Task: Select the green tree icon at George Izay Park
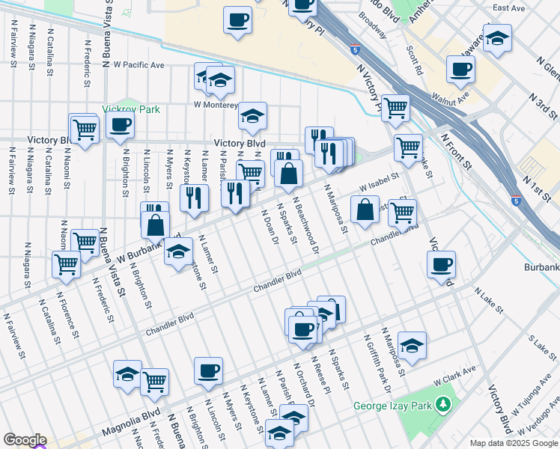445,405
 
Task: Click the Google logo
25,440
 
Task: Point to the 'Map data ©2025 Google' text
513,443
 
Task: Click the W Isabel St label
380,179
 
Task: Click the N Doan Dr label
270,227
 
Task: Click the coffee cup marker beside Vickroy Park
121,126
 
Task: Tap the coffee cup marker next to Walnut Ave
460,71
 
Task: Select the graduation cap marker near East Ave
496,37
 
